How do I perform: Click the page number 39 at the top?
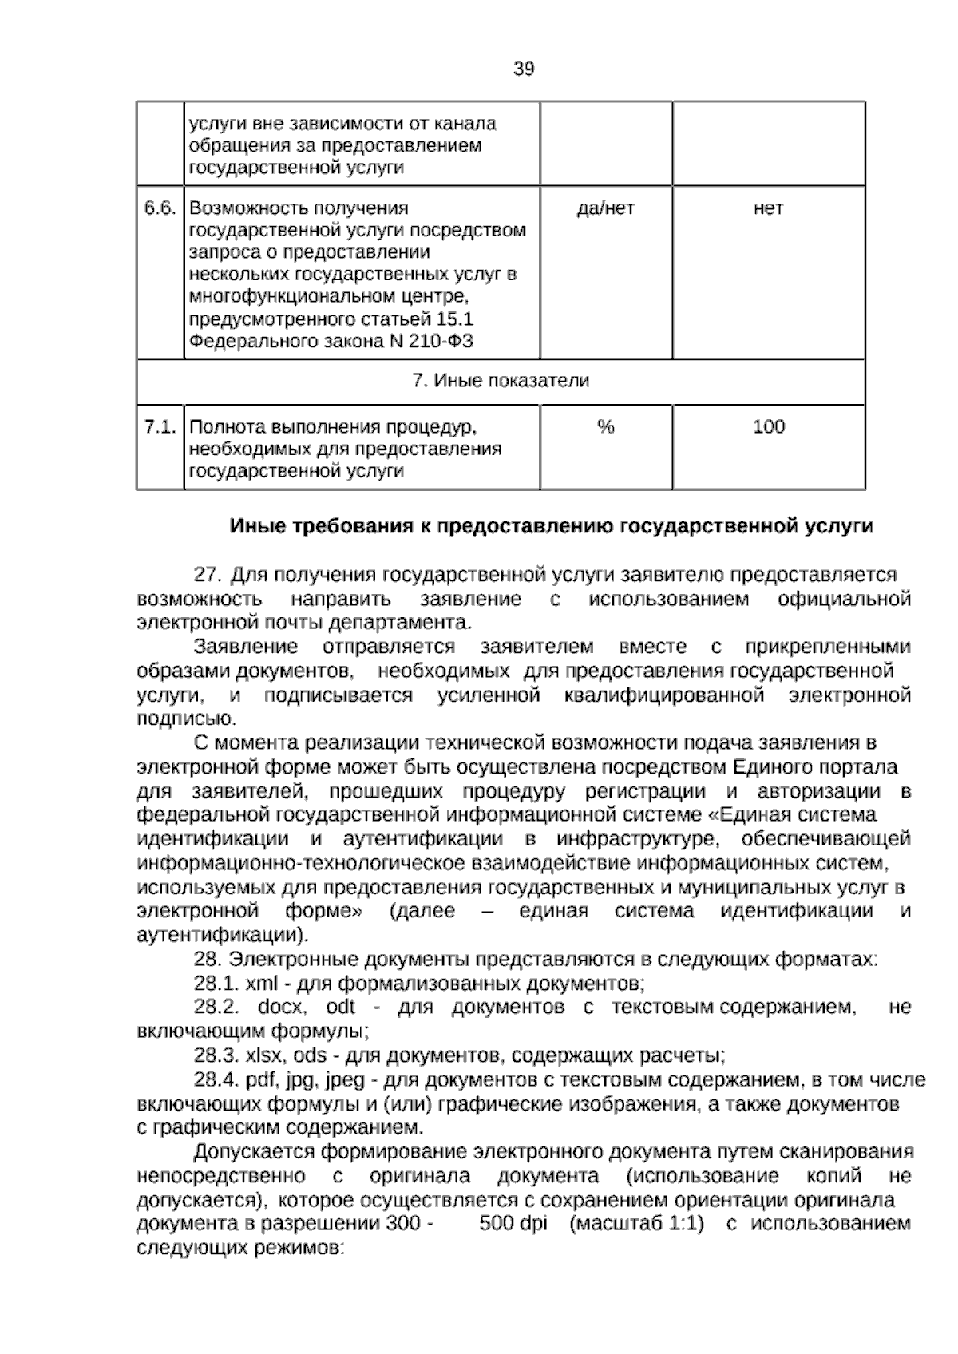[523, 69]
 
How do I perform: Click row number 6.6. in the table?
[160, 208]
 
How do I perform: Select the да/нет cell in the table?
[605, 208]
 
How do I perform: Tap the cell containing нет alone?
[768, 208]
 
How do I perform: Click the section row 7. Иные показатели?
[501, 381]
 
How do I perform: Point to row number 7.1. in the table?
[160, 427]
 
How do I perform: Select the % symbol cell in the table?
[605, 427]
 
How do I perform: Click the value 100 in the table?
[768, 427]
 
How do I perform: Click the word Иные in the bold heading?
[260, 527]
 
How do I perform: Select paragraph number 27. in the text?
[207, 575]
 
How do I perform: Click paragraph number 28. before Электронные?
[207, 959]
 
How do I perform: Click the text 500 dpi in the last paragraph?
[513, 1223]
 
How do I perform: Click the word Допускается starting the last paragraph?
[253, 1152]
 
